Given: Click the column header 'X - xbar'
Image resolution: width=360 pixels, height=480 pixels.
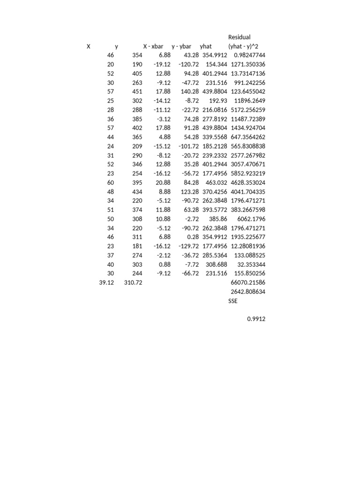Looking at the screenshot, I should point(153,46).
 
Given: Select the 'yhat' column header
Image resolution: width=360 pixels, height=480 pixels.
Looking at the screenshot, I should point(206,46).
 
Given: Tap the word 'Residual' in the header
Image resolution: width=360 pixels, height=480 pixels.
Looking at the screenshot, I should point(239,37).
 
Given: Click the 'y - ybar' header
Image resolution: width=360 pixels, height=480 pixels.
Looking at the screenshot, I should point(181,46).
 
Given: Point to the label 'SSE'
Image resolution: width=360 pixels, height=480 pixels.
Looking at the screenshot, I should point(232,301).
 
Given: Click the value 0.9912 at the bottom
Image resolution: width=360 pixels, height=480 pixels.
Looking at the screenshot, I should point(256,319).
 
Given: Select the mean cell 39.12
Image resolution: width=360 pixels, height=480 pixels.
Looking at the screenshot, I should point(106,283).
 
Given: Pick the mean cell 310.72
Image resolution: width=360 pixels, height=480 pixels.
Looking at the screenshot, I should point(133,283).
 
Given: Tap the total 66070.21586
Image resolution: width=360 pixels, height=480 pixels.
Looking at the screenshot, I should point(248,283).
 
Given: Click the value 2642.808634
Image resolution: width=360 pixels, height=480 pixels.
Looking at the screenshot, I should point(248,292).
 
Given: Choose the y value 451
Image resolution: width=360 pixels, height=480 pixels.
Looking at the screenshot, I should point(137,91).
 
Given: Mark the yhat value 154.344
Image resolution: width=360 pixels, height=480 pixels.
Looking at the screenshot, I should point(217,64).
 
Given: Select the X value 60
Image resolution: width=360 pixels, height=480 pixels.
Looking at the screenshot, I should point(110,182).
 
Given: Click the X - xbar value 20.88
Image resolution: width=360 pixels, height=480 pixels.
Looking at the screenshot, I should point(162,182).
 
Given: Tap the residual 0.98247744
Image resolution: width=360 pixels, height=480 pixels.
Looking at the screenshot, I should point(249,55).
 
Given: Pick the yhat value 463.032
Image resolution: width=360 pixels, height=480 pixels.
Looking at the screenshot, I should point(217,182).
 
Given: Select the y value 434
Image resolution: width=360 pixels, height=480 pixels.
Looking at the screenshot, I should point(137,192).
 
